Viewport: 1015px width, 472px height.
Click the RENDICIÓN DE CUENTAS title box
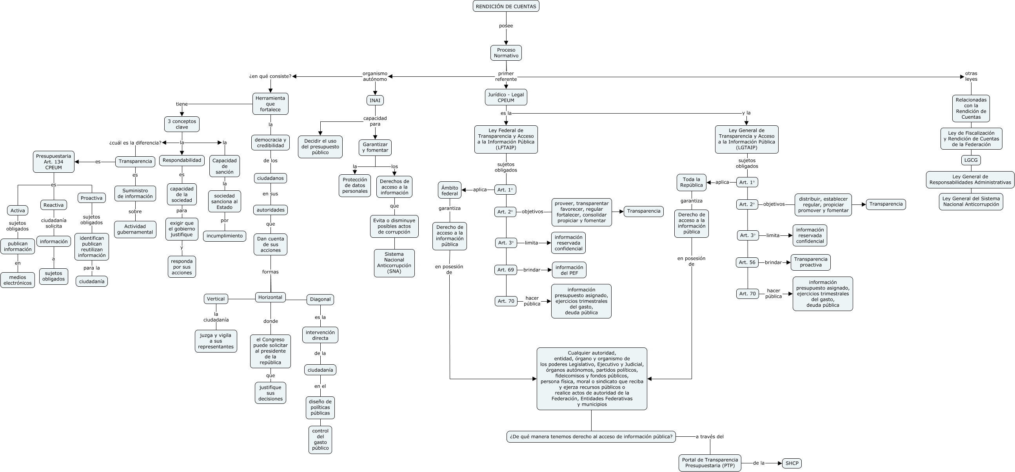506,6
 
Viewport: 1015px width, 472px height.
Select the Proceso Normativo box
506,53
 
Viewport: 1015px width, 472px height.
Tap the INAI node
375,100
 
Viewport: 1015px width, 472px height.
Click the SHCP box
792,463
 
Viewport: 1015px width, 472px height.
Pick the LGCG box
971,160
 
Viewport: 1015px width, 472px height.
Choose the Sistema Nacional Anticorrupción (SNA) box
394,263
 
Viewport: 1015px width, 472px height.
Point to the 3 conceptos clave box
182,124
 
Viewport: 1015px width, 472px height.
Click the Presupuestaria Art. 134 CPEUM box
54,162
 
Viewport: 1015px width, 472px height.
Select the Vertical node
216,299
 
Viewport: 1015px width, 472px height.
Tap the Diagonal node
320,300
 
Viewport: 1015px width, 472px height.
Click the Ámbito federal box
450,190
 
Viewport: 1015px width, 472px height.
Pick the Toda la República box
691,182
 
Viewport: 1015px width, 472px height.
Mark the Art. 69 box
505,269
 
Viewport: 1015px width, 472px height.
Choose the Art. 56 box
747,262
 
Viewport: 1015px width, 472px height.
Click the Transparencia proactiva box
810,262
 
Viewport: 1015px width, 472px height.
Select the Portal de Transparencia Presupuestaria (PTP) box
710,463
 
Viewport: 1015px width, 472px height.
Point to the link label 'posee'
506,26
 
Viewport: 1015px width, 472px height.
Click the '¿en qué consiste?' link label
270,76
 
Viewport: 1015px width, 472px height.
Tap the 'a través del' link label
710,437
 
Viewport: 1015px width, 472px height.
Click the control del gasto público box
320,439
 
